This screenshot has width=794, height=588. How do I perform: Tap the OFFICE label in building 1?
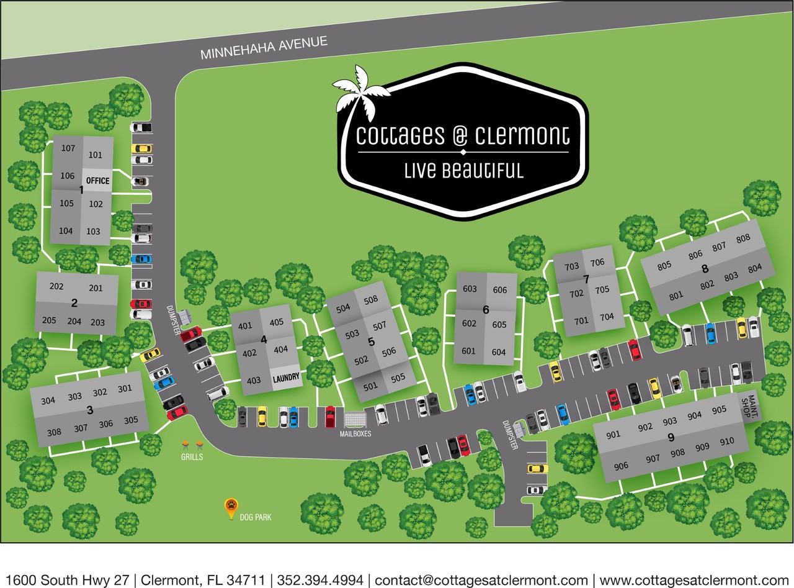97,181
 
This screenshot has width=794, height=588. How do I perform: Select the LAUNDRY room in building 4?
285,377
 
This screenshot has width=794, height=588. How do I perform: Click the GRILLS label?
192,456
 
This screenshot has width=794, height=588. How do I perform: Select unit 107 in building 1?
68,148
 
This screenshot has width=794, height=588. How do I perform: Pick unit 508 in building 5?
371,301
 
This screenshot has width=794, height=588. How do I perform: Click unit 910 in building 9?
726,441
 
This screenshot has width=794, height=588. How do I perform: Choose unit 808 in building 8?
743,238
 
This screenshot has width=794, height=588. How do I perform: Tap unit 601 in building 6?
468,351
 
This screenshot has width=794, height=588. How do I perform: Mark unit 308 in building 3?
54,432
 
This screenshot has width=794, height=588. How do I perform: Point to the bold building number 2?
74,303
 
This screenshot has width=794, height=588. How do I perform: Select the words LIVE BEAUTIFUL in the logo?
462,170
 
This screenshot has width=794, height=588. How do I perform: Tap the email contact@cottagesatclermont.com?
481,580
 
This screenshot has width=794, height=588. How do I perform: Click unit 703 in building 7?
571,267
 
